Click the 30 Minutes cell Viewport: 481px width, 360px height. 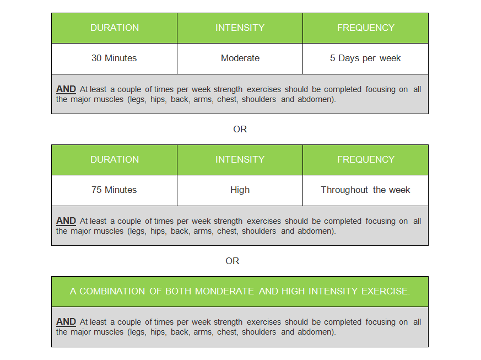pyautogui.click(x=114, y=58)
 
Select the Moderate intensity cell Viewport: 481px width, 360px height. pyautogui.click(x=240, y=58)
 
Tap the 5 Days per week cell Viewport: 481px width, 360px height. pyautogui.click(x=365, y=58)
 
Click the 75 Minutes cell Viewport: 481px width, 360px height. pyautogui.click(x=114, y=190)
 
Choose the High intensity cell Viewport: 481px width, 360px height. pyautogui.click(x=240, y=190)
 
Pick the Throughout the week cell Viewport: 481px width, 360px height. pyautogui.click(x=365, y=190)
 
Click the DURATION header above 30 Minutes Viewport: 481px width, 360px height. pyautogui.click(x=115, y=28)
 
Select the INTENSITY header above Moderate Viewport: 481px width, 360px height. pyautogui.click(x=240, y=28)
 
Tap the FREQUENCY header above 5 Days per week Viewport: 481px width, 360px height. pyautogui.click(x=366, y=28)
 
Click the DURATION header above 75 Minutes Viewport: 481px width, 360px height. pyautogui.click(x=115, y=159)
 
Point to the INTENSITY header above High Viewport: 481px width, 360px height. pyautogui.click(x=240, y=159)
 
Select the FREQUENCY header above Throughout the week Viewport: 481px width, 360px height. pyautogui.click(x=366, y=159)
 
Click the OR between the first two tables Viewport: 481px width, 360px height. pyautogui.click(x=240, y=129)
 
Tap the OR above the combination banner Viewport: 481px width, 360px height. pyautogui.click(x=232, y=261)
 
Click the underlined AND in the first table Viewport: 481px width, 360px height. pyautogui.click(x=66, y=89)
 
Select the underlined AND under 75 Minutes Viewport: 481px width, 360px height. pyautogui.click(x=66, y=221)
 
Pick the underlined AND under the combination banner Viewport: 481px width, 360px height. pyautogui.click(x=66, y=322)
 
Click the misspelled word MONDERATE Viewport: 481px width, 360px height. pyautogui.click(x=225, y=291)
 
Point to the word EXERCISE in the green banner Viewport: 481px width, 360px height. pyautogui.click(x=386, y=291)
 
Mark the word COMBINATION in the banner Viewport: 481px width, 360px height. pyautogui.click(x=112, y=291)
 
